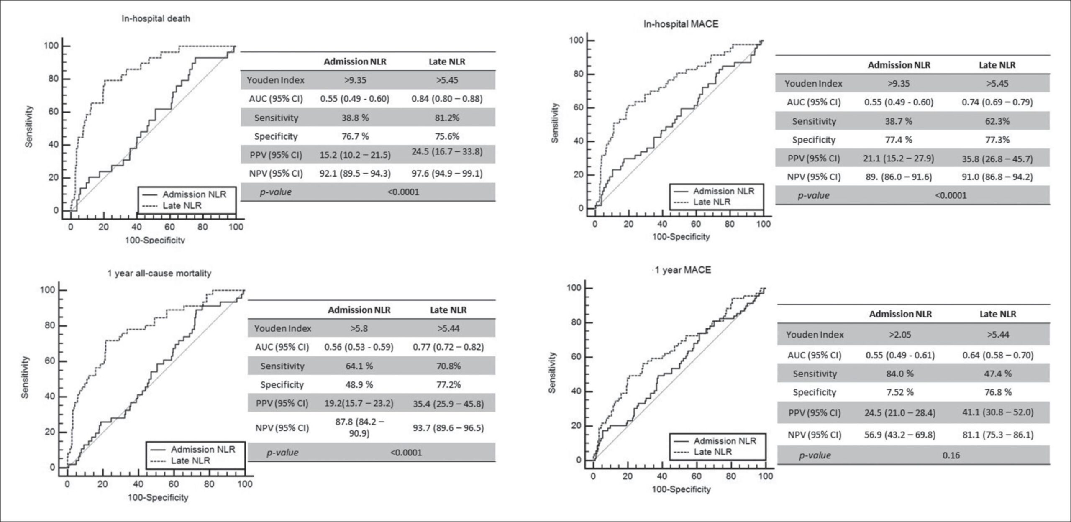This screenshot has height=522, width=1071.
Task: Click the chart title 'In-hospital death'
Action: tap(156, 19)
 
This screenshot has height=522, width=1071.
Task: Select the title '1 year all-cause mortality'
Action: tap(159, 274)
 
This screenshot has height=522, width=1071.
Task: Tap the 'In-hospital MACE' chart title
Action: tap(681, 24)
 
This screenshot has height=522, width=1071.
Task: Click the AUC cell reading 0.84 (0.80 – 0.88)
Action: tap(447, 99)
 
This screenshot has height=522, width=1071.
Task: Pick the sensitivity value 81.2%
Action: tap(447, 118)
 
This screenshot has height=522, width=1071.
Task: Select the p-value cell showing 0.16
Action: tap(951, 455)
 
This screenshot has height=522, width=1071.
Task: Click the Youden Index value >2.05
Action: tap(900, 335)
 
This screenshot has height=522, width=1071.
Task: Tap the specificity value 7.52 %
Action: tap(900, 392)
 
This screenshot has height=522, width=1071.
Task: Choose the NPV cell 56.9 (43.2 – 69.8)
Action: tap(900, 435)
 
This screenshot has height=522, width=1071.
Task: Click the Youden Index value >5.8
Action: tap(359, 328)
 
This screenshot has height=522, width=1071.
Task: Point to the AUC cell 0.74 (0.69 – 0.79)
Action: tap(997, 102)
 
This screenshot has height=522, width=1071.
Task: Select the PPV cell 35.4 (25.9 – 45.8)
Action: tap(448, 404)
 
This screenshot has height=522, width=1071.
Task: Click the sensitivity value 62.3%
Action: tap(997, 121)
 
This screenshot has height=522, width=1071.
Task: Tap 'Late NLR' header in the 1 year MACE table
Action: tap(997, 314)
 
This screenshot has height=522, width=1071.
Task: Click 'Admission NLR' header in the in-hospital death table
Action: tap(355, 61)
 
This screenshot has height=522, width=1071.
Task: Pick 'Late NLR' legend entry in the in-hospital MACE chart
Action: tap(712, 202)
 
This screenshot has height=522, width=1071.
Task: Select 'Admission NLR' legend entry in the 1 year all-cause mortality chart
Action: tap(203, 450)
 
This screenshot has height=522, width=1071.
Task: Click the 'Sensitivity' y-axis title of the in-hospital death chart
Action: tap(28, 126)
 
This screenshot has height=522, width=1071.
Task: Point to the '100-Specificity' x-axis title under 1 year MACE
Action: tap(681, 489)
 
